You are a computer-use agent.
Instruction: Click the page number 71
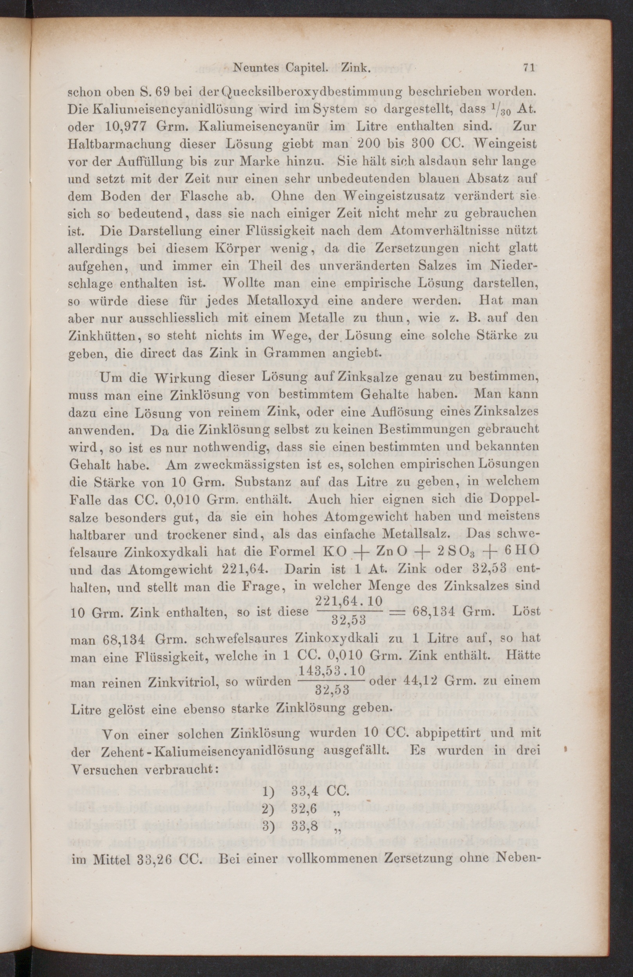(528, 68)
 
